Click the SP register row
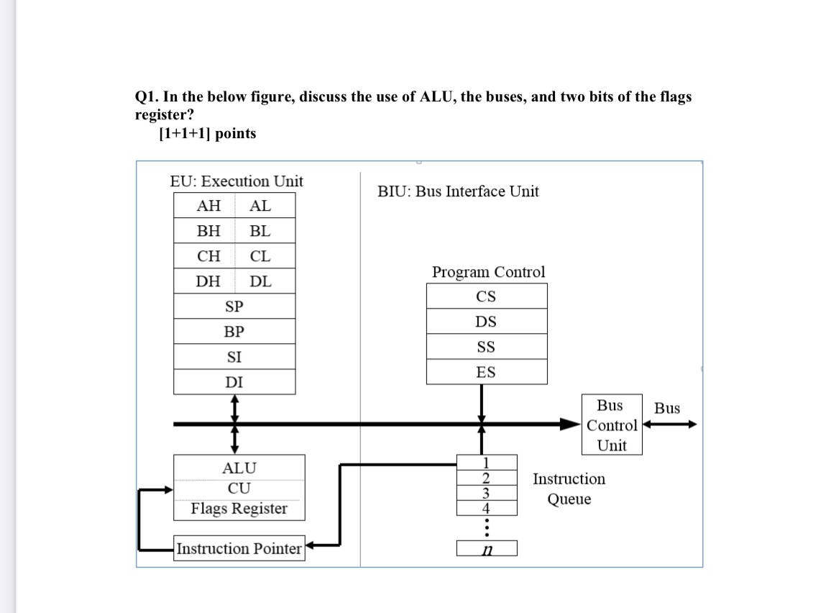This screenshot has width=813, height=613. [234, 306]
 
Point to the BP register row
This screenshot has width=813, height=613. [234, 332]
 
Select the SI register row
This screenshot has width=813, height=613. [234, 357]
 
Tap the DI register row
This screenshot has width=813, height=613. [234, 382]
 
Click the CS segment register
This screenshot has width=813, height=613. [486, 296]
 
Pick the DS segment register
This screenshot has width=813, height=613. [486, 322]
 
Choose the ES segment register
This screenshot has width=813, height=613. [486, 372]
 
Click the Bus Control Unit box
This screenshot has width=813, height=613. [612, 424]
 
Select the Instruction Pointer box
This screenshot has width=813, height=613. [239, 548]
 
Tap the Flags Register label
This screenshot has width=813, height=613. [239, 509]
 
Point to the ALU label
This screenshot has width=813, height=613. [239, 468]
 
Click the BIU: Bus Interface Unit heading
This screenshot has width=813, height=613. [458, 191]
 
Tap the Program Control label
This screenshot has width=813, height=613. [488, 272]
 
